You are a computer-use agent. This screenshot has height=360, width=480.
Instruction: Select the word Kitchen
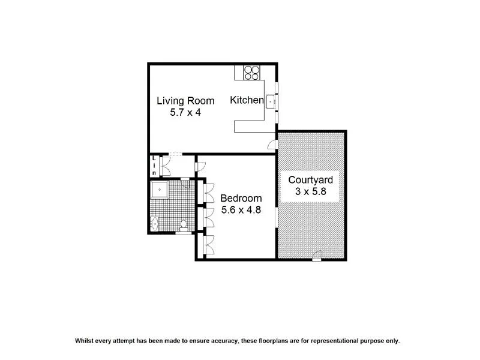[247, 101]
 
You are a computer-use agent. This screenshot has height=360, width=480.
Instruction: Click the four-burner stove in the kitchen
[252, 72]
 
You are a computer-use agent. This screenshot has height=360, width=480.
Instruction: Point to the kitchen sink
[270, 101]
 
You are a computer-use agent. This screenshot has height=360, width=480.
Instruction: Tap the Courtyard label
[311, 179]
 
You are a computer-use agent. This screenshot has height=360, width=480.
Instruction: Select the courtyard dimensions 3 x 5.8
[311, 191]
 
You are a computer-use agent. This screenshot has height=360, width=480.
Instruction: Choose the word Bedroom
[241, 199]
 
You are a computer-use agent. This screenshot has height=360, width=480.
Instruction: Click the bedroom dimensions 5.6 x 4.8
[241, 211]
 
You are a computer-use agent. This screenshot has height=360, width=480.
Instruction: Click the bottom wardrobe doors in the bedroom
[209, 244]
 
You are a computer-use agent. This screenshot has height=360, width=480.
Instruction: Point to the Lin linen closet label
[154, 165]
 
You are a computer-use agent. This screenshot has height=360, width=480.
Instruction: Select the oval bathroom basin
[155, 224]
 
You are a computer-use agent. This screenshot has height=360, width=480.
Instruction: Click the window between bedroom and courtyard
[276, 217]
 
